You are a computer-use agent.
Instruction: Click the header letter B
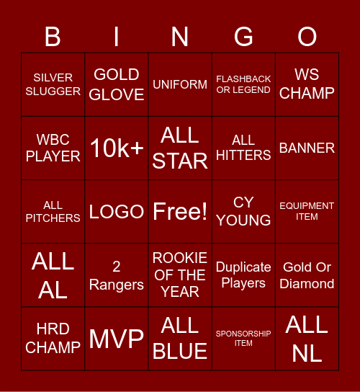(53, 36)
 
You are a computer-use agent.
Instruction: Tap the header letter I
(117, 36)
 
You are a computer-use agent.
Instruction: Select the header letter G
(243, 36)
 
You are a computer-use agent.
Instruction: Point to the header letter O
(307, 36)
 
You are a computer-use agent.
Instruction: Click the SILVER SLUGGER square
(53, 84)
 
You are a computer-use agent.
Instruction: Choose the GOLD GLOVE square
(117, 84)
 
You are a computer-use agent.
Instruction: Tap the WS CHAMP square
(307, 84)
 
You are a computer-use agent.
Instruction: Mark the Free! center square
(180, 211)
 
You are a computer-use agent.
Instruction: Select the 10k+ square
(117, 148)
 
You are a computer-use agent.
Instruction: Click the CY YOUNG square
(243, 211)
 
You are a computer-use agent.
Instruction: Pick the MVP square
(117, 338)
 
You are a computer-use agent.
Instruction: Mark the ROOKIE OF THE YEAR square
(180, 275)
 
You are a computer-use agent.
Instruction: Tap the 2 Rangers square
(117, 275)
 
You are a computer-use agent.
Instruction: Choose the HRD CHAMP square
(53, 338)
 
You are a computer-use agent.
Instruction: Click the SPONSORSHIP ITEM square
(243, 338)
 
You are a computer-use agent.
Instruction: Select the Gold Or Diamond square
(307, 275)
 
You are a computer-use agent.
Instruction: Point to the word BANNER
(307, 148)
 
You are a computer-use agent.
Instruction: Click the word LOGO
(117, 212)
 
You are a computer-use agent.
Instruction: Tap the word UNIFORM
(180, 84)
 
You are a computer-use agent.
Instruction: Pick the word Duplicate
(243, 267)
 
